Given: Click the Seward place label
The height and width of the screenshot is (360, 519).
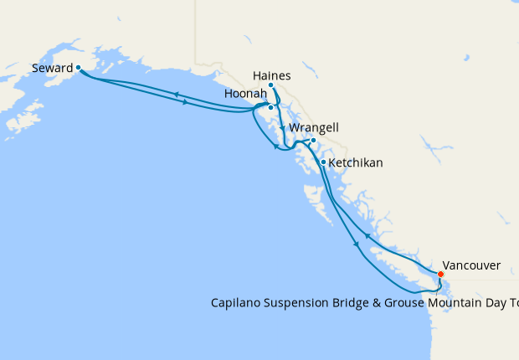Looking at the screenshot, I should [51, 67].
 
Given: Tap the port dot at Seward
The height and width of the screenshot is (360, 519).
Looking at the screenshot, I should [78, 67].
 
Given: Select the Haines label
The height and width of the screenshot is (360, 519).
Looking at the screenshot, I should [271, 75].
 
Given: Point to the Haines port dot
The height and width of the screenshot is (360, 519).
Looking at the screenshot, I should [271, 85].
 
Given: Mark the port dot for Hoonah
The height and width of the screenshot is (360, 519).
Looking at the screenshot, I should [270, 107].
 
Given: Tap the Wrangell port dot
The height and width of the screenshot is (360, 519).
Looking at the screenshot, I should [313, 141].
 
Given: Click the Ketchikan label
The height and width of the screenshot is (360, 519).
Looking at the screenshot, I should [356, 162].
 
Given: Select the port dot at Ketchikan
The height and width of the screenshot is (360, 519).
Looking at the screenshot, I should [323, 162].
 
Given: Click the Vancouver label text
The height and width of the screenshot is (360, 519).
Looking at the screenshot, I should [471, 265].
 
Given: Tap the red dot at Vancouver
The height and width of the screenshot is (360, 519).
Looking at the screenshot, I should [441, 273].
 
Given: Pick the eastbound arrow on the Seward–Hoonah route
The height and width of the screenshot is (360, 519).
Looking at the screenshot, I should [184, 102].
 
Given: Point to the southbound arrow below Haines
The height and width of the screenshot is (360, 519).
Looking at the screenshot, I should [282, 129].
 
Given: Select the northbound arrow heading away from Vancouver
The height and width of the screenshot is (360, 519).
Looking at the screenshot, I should [367, 237].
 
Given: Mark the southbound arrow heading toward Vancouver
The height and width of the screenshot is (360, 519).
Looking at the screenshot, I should [357, 244].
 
